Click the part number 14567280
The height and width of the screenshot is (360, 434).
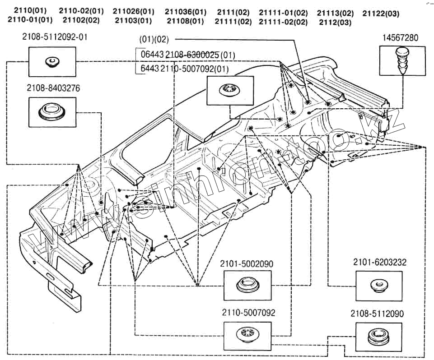pos(401,38)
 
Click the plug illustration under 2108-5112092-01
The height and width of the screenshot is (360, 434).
pos(52,61)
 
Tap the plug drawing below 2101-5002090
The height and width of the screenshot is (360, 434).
pos(247,286)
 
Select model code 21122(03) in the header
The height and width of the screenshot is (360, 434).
pos(381,14)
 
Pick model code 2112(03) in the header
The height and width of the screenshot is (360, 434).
pos(335,22)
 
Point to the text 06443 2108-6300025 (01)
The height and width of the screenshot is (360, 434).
pos(188,55)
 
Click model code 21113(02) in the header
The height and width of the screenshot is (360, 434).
pos(335,13)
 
